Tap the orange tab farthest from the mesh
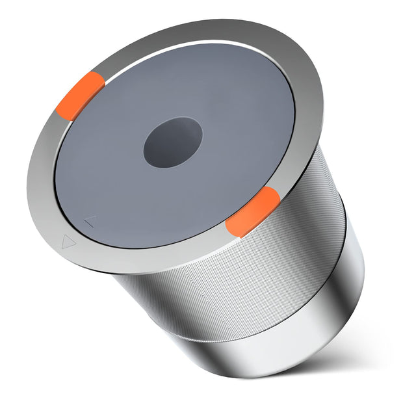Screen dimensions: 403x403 point(81,96)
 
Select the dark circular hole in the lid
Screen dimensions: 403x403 point(172,141)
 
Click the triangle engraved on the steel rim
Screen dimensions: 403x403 point(67,242)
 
